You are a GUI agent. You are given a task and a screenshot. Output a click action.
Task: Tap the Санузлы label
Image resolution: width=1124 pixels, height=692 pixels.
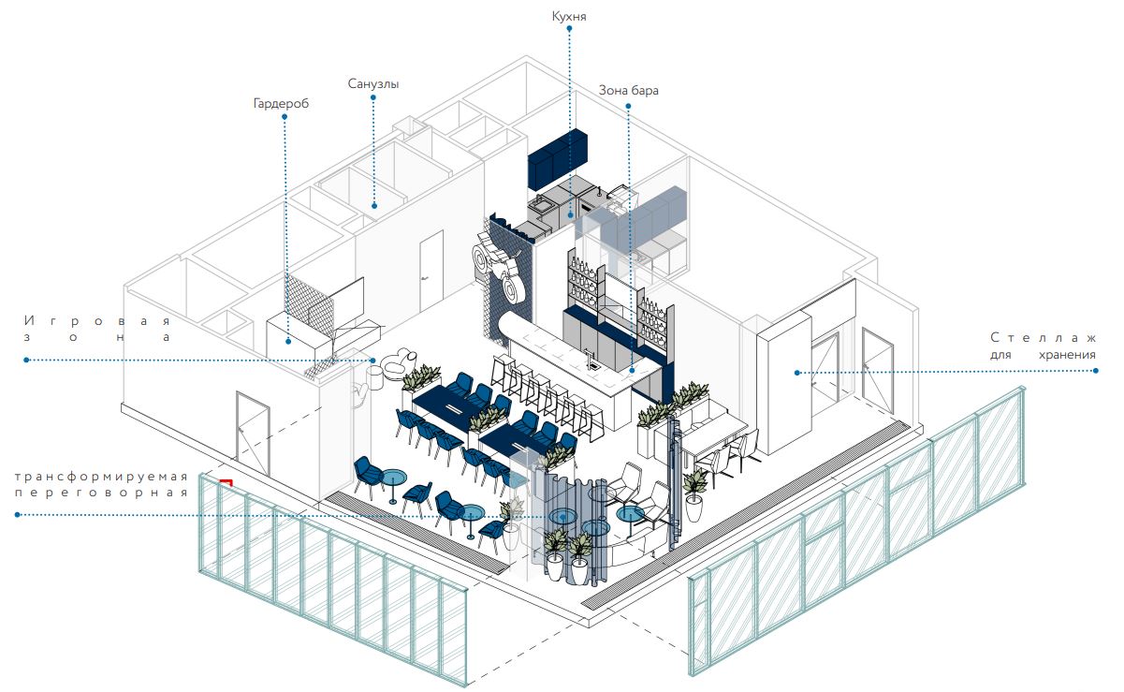[x=373, y=84]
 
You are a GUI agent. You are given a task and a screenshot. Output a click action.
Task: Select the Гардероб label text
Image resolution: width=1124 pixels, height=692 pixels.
[x=281, y=104]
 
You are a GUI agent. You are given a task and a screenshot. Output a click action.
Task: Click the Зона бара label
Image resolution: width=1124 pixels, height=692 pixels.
[x=629, y=91]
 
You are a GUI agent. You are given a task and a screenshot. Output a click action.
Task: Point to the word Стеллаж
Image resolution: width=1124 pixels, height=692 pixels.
[x=1043, y=337]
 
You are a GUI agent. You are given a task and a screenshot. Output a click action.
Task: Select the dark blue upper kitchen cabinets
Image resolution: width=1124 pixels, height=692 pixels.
[x=558, y=155]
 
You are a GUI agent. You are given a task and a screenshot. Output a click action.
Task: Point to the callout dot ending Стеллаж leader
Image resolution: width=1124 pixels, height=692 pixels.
[x=796, y=372]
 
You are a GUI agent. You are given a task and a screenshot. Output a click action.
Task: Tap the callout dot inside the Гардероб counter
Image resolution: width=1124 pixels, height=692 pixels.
[x=287, y=342]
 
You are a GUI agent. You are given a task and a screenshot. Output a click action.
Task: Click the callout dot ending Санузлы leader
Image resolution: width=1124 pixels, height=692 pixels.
[x=373, y=205]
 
